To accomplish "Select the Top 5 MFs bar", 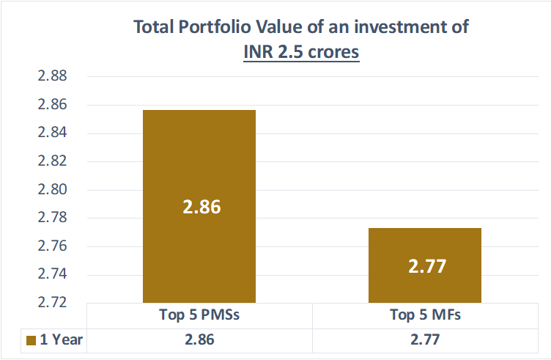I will [x=425, y=242].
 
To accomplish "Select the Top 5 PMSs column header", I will [x=200, y=317].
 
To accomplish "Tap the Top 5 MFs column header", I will [x=425, y=317].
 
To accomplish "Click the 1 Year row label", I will [x=62, y=340].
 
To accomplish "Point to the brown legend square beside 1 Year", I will [x=31, y=340].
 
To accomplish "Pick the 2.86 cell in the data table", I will [x=200, y=340].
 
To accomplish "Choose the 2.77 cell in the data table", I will [x=425, y=340].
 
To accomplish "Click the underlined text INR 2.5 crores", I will [x=301, y=53].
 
